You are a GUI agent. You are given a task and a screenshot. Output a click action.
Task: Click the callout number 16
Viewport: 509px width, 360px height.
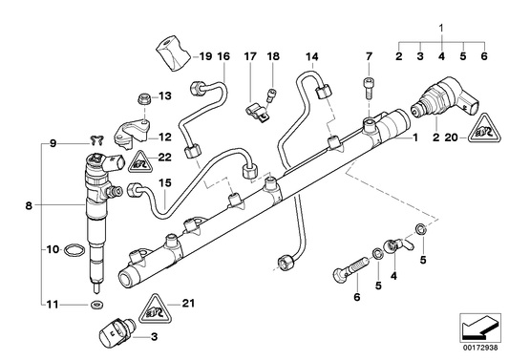(x=223, y=56)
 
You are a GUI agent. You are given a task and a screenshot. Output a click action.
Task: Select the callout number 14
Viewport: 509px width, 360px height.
(x=310, y=56)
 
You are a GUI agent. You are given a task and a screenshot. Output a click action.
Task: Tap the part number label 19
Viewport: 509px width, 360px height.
(x=202, y=56)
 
